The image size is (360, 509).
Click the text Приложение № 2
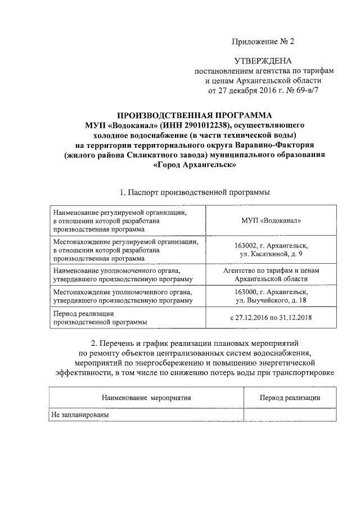click(263, 42)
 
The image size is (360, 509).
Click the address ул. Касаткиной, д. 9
click(271, 254)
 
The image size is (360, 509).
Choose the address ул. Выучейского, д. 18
click(271, 301)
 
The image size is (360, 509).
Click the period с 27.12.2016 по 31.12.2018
click(271, 318)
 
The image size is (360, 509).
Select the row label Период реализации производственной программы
click(100, 318)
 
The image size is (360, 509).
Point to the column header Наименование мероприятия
click(146, 398)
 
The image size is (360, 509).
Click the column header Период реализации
click(290, 398)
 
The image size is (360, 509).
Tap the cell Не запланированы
click(79, 415)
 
